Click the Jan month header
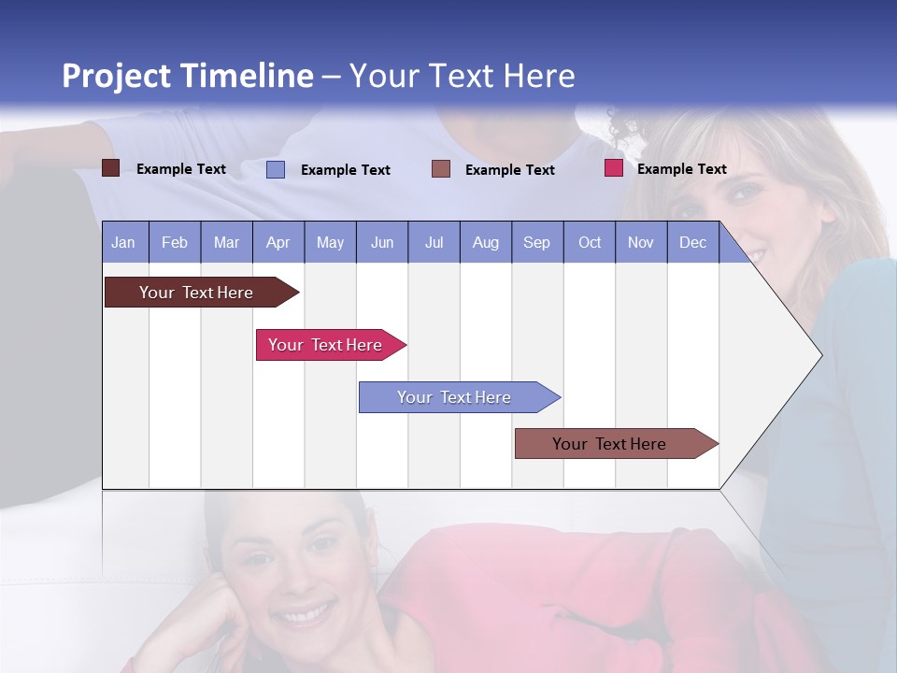click(123, 243)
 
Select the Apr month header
click(278, 243)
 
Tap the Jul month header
click(434, 243)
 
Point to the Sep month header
click(537, 243)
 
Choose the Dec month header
click(693, 243)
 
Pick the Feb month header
click(175, 243)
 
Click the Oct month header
click(590, 243)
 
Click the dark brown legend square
click(111, 168)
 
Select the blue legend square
click(276, 169)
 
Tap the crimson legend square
click(614, 168)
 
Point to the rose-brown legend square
click(441, 169)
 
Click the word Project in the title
click(117, 76)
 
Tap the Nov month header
click(641, 243)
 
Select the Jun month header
click(382, 243)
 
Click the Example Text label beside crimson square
click(682, 169)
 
